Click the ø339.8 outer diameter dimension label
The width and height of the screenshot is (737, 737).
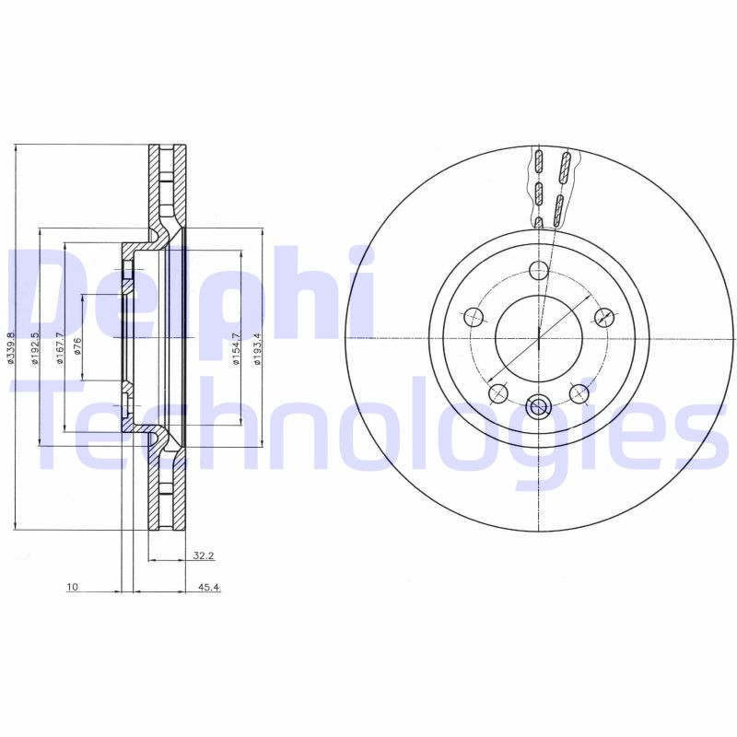(x=11, y=347)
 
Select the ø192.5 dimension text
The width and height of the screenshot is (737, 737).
(x=34, y=347)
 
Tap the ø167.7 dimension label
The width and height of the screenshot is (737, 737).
(x=59, y=347)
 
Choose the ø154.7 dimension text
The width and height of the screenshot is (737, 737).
(x=236, y=347)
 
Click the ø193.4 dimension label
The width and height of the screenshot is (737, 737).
(x=257, y=347)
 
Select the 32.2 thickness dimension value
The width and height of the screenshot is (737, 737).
(x=204, y=556)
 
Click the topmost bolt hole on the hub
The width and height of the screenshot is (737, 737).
(x=539, y=270)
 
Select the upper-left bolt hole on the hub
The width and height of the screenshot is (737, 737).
(x=474, y=317)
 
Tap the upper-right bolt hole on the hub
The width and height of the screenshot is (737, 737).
(x=604, y=317)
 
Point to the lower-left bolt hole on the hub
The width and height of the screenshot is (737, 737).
(x=498, y=394)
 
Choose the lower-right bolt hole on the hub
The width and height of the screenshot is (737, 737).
(x=579, y=394)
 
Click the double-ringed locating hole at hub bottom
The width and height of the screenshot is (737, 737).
(x=539, y=405)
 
